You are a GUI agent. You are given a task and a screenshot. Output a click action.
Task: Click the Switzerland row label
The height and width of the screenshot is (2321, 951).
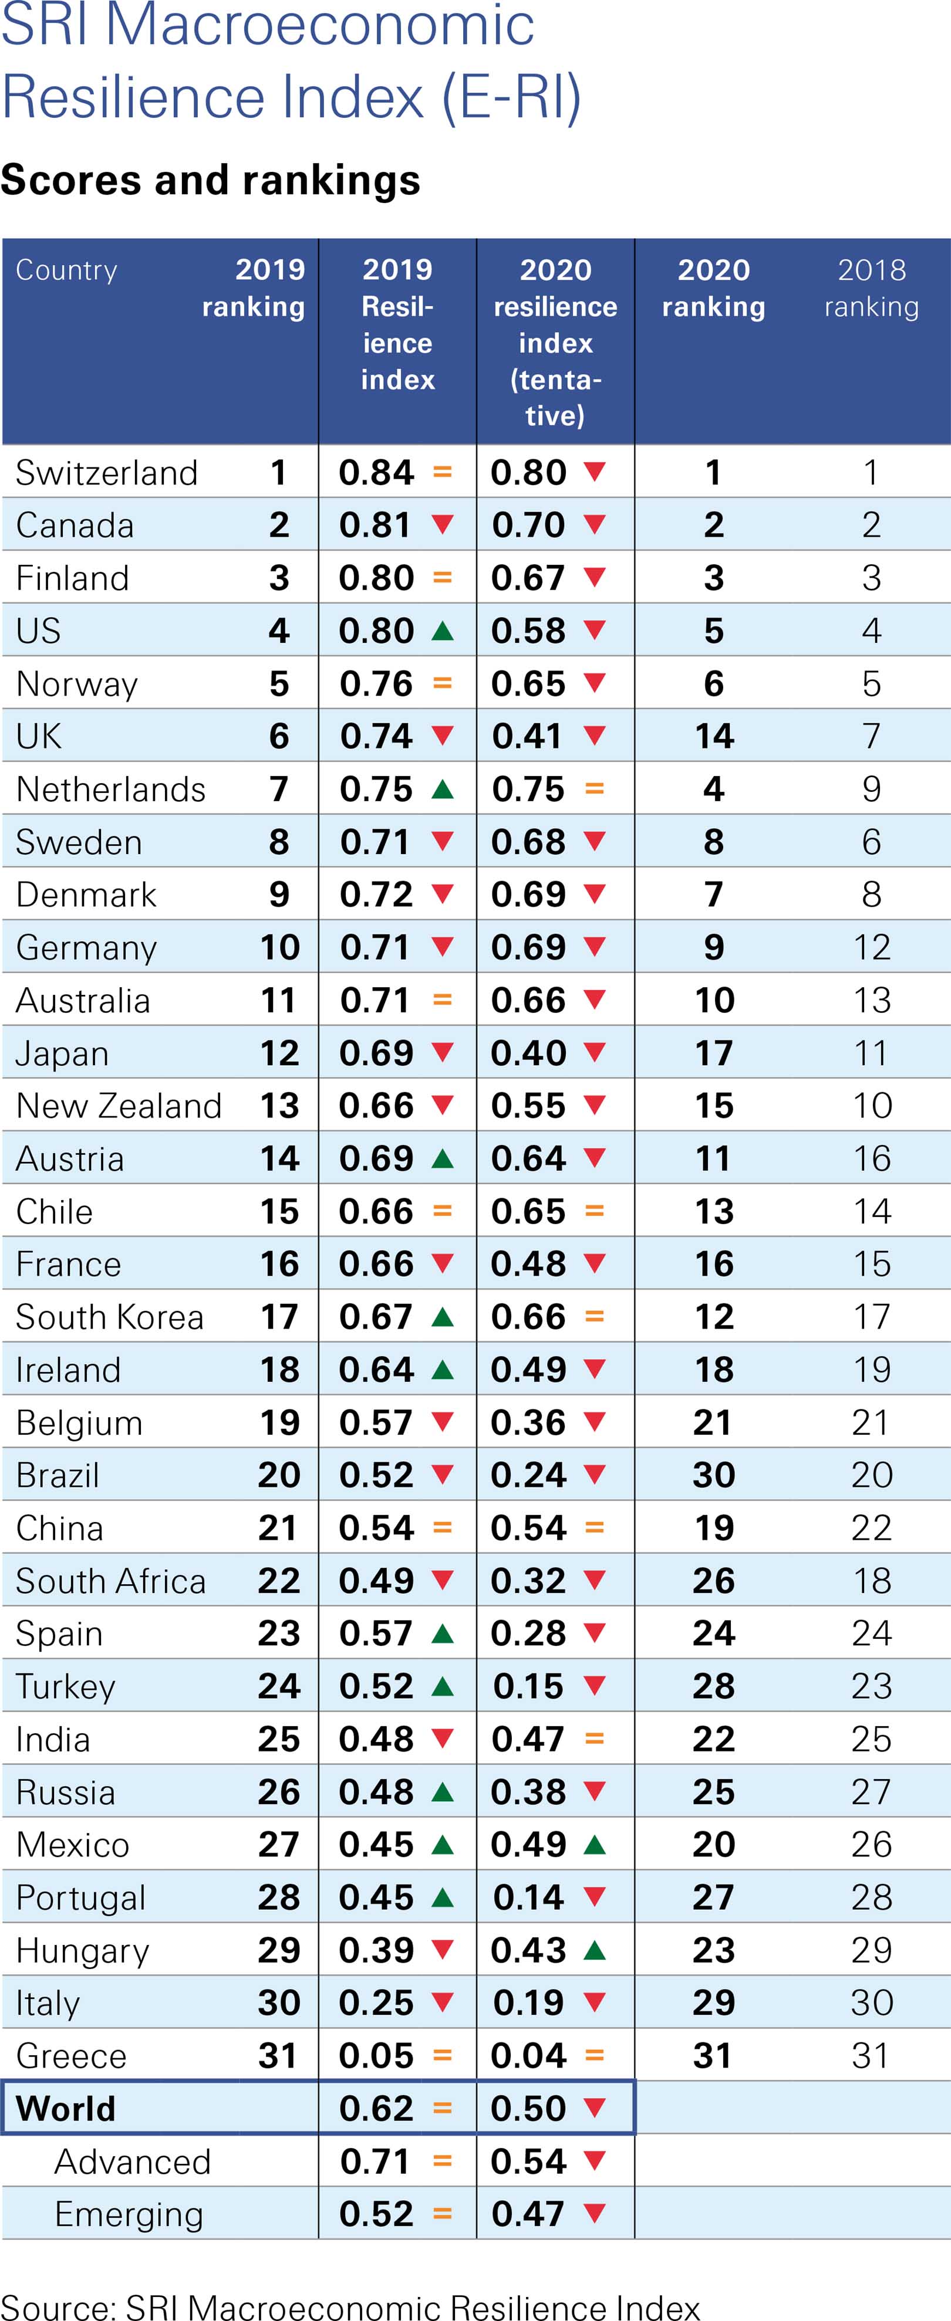pyautogui.click(x=106, y=473)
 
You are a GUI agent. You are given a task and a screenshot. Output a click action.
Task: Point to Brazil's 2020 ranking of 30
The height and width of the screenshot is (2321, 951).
pyautogui.click(x=714, y=1475)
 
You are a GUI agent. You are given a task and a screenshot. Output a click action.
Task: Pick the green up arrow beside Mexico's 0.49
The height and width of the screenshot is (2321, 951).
pyautogui.click(x=594, y=1844)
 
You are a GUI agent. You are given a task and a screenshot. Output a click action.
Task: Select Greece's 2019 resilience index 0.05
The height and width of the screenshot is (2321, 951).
pyautogui.click(x=376, y=2056)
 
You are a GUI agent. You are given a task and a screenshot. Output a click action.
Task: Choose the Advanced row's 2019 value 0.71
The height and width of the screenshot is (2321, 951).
pyautogui.click(x=376, y=2161)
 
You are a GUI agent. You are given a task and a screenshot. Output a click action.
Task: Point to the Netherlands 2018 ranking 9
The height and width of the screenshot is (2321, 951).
pyautogui.click(x=871, y=790)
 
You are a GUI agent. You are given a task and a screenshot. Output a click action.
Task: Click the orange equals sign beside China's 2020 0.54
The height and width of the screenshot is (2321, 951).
pyautogui.click(x=594, y=1528)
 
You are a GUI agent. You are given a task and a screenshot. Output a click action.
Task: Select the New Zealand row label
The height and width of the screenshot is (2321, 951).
pyautogui.click(x=118, y=1106)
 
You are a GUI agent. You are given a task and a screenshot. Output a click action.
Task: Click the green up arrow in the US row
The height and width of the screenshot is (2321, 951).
pyautogui.click(x=441, y=631)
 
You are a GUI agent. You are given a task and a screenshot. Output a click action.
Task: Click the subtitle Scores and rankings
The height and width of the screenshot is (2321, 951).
pyautogui.click(x=210, y=180)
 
